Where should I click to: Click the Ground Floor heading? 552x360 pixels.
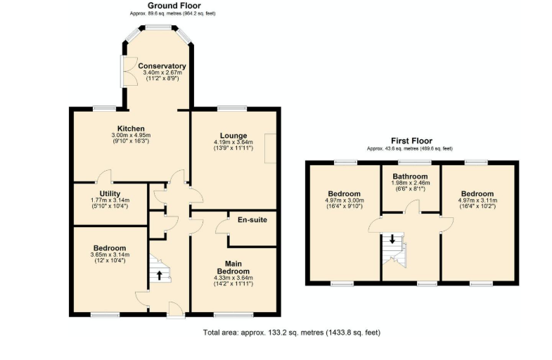click(174, 6)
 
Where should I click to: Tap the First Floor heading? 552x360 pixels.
click(411, 141)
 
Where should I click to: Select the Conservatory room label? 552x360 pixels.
click(162, 66)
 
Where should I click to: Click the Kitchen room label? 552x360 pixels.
click(131, 129)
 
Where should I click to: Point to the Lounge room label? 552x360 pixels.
click(233, 136)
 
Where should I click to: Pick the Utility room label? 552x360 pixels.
click(110, 193)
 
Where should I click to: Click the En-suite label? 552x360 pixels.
click(252, 220)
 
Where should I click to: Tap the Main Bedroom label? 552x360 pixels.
click(233, 267)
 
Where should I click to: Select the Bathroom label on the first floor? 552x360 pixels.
click(410, 176)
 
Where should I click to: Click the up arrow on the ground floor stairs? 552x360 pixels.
click(160, 275)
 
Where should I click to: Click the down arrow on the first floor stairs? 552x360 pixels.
click(392, 239)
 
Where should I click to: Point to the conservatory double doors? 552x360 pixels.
click(128, 71)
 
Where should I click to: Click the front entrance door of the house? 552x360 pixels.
click(176, 309)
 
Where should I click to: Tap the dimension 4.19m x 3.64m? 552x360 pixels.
click(233, 142)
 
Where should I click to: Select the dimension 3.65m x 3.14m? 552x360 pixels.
click(110, 255)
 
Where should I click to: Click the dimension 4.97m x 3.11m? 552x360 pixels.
click(477, 200)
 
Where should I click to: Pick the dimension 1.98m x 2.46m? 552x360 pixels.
click(411, 183)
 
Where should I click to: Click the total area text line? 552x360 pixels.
click(292, 332)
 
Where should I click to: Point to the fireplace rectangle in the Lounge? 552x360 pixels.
click(270, 148)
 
